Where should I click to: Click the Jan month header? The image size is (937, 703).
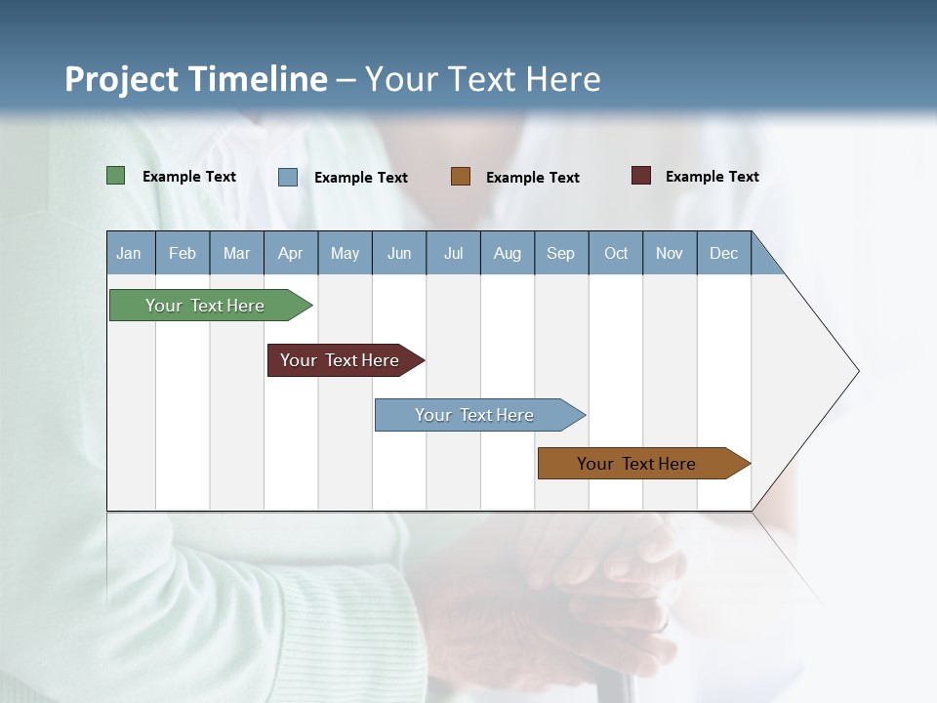coord(130,253)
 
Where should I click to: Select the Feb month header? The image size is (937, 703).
coord(183,253)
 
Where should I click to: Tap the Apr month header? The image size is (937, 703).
coord(291,253)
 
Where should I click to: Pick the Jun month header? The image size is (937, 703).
coord(399,253)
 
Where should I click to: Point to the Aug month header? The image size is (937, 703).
coord(508,253)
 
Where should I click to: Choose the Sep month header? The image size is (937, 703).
coord(561,253)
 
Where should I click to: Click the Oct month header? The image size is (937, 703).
coord(616,253)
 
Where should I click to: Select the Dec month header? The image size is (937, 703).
coord(724,253)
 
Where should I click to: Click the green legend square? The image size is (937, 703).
coord(116,176)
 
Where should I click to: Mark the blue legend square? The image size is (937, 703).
coord(288,177)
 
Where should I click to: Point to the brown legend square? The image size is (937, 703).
coord(461,176)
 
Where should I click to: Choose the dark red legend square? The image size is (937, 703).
coord(641,176)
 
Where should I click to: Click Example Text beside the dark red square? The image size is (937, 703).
coord(713,177)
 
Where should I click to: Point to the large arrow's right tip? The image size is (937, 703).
coord(856,371)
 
